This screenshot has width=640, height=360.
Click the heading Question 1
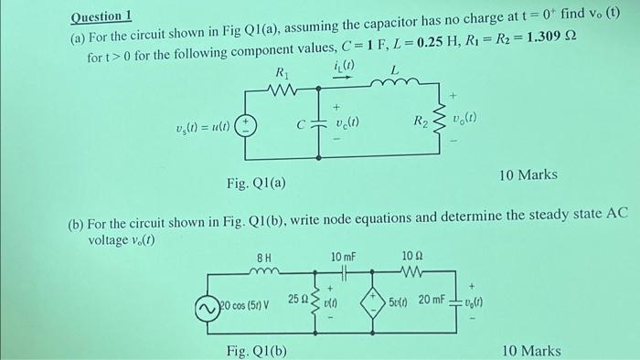[101, 16]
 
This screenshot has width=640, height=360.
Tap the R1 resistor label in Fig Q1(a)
[282, 72]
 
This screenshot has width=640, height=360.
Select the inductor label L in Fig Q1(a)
[394, 71]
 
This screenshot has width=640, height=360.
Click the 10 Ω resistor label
[412, 259]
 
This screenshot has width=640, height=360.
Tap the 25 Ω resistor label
[298, 299]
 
